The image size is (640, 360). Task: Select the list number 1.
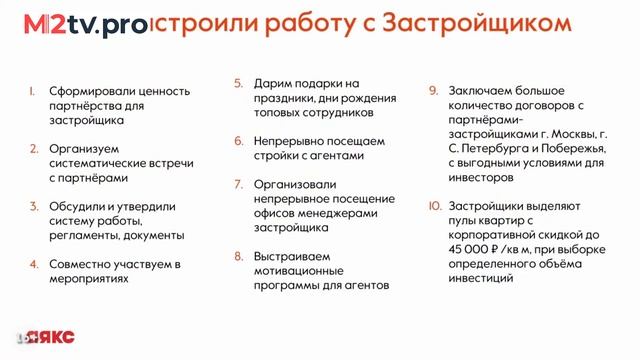[x=32, y=91]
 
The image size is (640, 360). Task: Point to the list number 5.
[x=237, y=83]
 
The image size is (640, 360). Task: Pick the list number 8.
[x=238, y=255]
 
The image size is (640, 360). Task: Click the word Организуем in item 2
[x=80, y=148]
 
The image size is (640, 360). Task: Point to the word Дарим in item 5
[x=273, y=83]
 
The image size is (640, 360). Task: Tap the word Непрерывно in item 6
[x=290, y=141]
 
